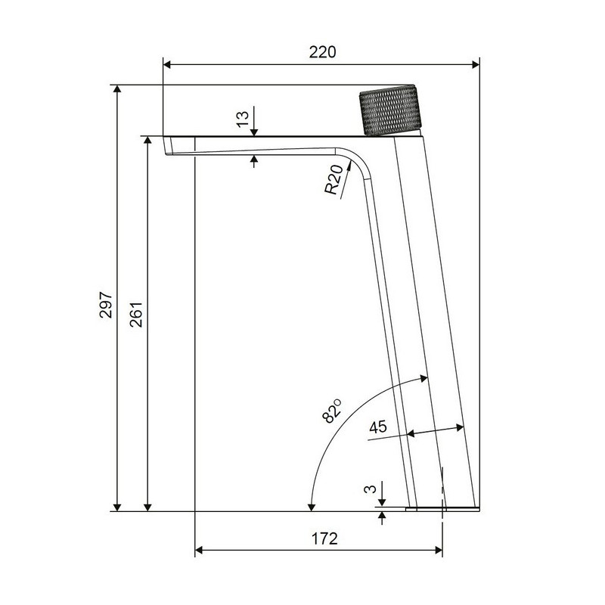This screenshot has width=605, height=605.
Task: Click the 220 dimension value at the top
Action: point(323,52)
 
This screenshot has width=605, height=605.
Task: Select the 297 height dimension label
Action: point(106,305)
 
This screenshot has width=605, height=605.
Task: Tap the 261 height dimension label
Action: point(136,315)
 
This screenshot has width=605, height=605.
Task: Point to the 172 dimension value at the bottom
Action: point(324,538)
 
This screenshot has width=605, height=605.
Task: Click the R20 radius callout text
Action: point(334,179)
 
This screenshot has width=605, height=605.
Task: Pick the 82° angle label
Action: point(332,411)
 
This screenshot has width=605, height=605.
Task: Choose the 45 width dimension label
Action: point(378,427)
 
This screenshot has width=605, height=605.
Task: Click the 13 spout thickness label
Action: point(243,119)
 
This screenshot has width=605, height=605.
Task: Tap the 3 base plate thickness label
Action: point(370,489)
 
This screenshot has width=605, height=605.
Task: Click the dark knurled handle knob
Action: point(390,110)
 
